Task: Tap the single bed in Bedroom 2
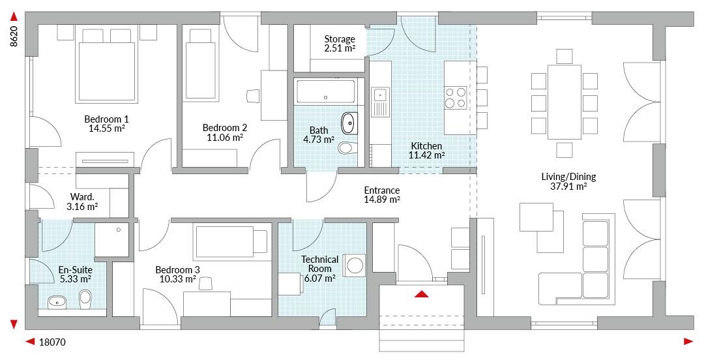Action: click(x=200, y=64)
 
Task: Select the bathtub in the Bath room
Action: click(x=325, y=92)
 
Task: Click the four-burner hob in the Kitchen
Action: click(x=455, y=98)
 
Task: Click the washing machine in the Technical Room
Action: click(x=356, y=265)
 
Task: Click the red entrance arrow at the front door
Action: click(x=421, y=294)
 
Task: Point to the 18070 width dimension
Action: click(x=52, y=342)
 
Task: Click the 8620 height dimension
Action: click(x=14, y=37)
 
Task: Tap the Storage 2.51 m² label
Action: click(x=340, y=44)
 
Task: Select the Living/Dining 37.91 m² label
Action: click(x=568, y=181)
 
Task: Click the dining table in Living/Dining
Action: click(x=565, y=102)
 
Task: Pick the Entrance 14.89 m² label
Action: click(x=382, y=195)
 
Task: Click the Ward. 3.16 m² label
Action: click(x=82, y=202)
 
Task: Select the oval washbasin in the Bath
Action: click(x=349, y=123)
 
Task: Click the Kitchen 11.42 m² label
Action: click(x=426, y=151)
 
